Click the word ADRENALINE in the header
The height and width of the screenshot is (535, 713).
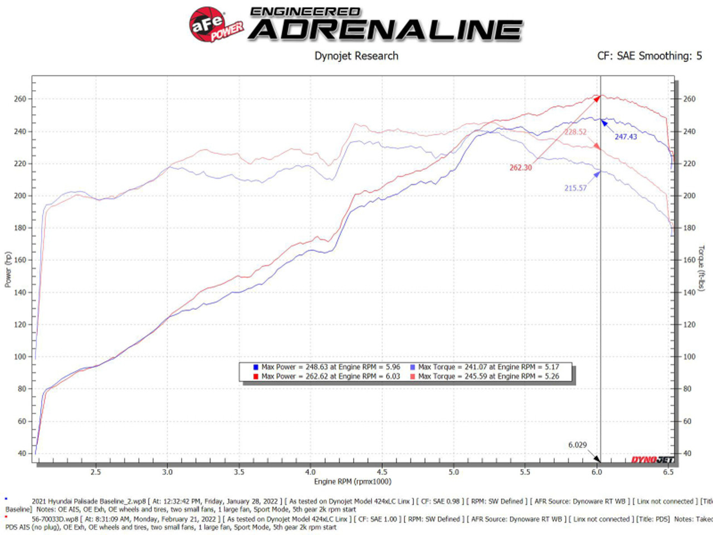385,30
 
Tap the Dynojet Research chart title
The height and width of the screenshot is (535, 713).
356,56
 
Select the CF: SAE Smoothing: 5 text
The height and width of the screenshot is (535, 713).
649,56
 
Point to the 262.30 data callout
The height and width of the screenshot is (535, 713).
520,168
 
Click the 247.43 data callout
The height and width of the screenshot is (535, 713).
626,137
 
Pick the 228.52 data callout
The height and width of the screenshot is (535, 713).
575,132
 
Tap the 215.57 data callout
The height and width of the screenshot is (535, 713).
575,188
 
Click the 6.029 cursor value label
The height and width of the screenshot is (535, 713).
577,445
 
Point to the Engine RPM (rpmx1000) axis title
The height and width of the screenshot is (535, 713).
353,481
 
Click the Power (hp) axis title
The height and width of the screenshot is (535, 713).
8,270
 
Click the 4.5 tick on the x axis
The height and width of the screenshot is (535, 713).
382,472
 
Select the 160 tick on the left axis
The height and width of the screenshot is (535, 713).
20,260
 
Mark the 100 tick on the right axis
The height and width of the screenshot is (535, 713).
689,357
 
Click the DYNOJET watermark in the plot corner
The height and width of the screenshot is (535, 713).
652,460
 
